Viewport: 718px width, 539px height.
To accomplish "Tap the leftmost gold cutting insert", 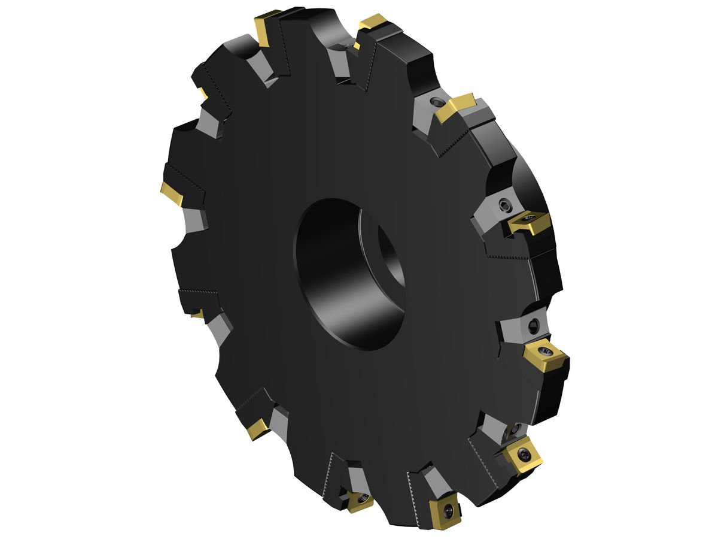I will (172, 193).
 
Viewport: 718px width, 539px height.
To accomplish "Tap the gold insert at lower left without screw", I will (258, 428).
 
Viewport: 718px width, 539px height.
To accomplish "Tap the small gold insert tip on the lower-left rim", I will (197, 313).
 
